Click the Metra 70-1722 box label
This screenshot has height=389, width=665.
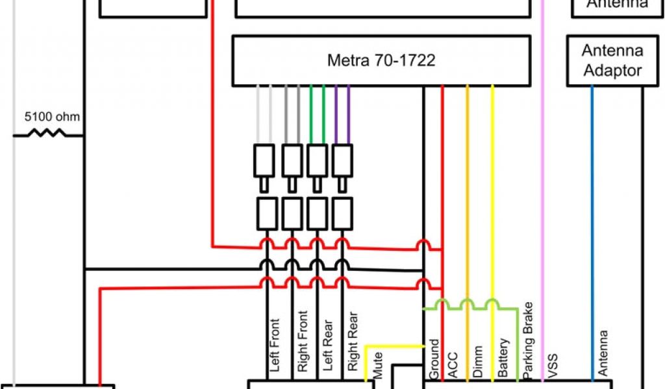381,61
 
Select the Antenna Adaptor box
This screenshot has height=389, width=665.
612,60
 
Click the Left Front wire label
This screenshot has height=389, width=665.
274,345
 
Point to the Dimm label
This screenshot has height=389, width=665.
477,363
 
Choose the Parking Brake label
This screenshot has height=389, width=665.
527,340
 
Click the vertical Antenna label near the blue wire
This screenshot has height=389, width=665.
603,353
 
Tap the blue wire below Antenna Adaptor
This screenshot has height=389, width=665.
592,194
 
